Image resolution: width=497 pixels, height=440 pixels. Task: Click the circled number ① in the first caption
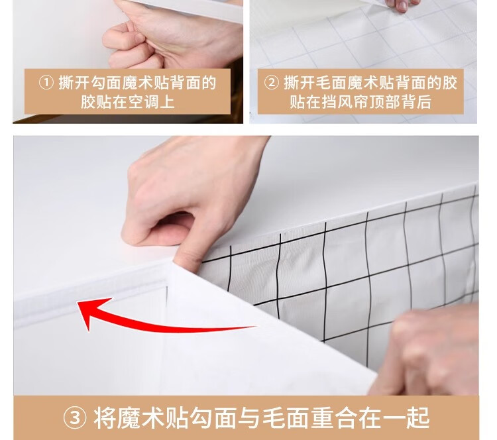click(46, 83)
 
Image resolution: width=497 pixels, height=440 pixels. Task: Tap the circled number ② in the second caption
click(271, 83)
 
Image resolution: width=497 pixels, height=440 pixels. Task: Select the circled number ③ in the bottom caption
click(75, 418)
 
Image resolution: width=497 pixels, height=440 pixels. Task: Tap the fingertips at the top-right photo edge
click(403, 5)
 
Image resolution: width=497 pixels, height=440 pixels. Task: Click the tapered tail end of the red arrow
click(256, 326)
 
